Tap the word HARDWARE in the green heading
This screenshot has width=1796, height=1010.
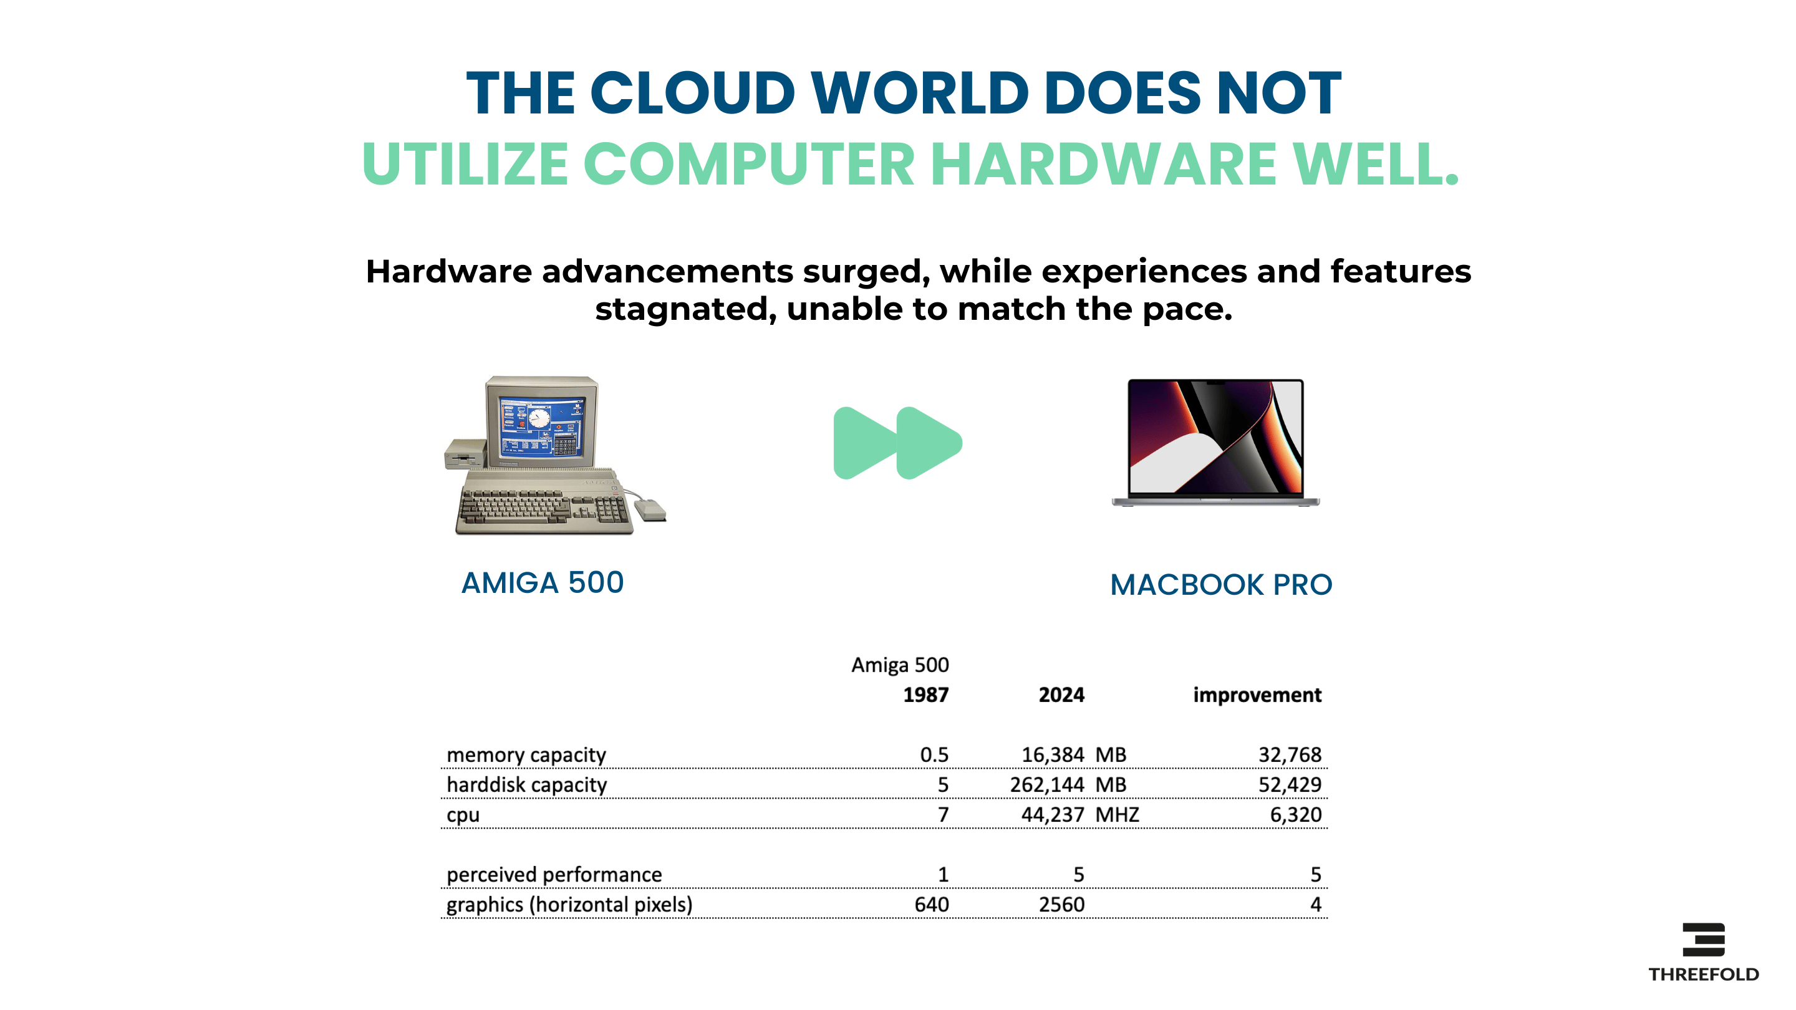(1103, 164)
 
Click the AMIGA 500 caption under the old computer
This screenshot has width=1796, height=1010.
(543, 583)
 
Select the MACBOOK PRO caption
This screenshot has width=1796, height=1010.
(1221, 585)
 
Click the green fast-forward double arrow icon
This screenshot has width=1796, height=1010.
(897, 443)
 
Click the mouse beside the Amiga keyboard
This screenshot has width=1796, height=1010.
(650, 509)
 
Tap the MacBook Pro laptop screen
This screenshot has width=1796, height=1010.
(1216, 437)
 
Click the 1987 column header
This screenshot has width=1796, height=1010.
(926, 695)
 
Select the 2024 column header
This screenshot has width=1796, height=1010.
(1061, 695)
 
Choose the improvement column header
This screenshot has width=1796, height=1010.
(1257, 695)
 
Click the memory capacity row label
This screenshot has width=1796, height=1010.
(526, 755)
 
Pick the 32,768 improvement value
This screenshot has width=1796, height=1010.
(1290, 755)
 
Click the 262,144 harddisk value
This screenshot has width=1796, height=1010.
(1047, 785)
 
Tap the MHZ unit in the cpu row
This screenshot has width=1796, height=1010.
(1117, 815)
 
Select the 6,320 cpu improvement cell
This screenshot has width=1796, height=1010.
(1295, 815)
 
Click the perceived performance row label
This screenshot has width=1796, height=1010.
(554, 875)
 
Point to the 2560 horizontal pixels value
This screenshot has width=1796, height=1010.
(1061, 905)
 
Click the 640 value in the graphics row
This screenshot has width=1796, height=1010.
(932, 905)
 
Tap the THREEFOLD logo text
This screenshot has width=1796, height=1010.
(1703, 974)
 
